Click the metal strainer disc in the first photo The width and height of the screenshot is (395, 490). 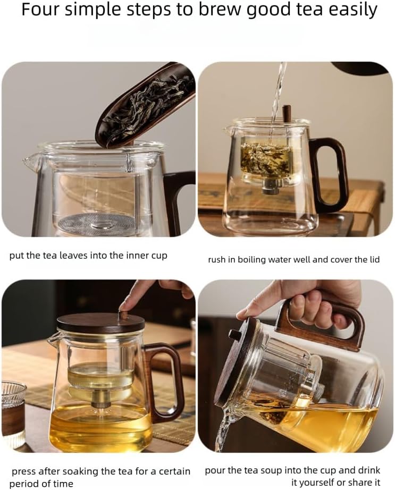point(95,223)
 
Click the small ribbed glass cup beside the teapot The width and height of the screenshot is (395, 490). point(12,415)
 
